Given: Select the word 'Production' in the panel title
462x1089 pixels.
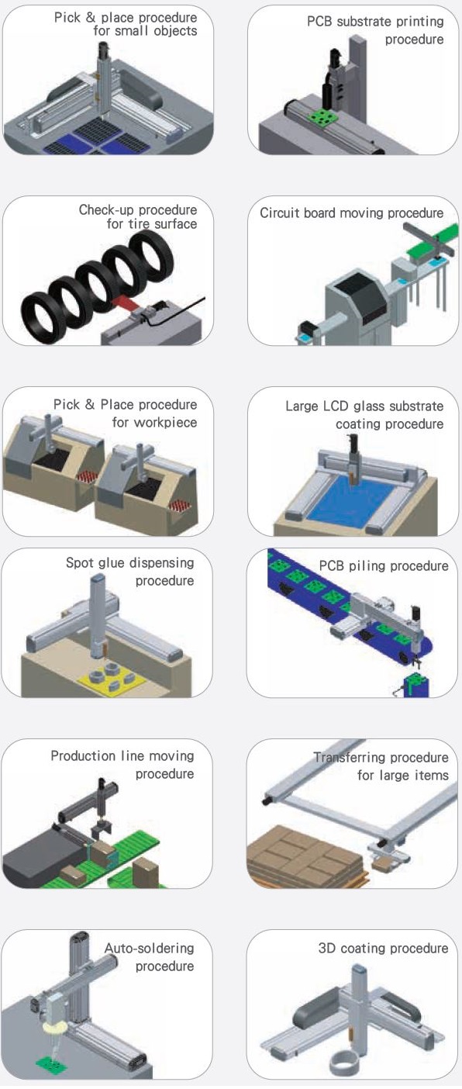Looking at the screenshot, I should coord(81,755).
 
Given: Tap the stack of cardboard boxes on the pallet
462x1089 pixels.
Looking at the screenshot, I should coord(306,858).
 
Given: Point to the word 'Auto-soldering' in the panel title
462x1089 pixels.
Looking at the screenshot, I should coord(150,948).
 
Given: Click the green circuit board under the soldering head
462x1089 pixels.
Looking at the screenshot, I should coord(53,1063).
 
